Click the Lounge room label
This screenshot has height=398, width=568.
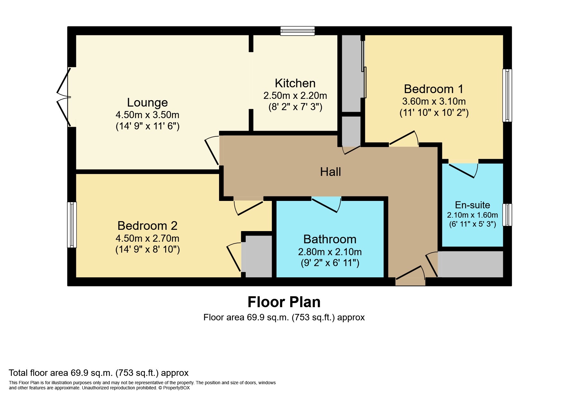click(x=147, y=103)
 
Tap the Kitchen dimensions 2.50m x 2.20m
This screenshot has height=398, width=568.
click(x=295, y=96)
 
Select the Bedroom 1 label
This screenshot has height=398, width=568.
click(x=434, y=89)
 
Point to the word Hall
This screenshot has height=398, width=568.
click(x=330, y=172)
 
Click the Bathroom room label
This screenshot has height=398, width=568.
click(x=330, y=239)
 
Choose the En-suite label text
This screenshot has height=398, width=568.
click(x=472, y=205)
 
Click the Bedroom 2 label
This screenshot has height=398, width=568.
click(x=147, y=226)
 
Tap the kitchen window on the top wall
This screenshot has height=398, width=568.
click(x=297, y=31)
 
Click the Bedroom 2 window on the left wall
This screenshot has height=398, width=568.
click(x=72, y=225)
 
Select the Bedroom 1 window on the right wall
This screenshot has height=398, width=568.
click(x=507, y=95)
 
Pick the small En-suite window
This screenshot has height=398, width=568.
click(x=507, y=215)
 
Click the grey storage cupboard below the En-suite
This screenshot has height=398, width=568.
click(x=471, y=264)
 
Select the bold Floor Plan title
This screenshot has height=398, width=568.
click(x=284, y=302)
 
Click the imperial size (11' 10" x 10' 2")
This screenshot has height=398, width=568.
click(x=434, y=113)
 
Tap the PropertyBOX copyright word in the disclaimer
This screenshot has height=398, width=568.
click(x=176, y=388)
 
